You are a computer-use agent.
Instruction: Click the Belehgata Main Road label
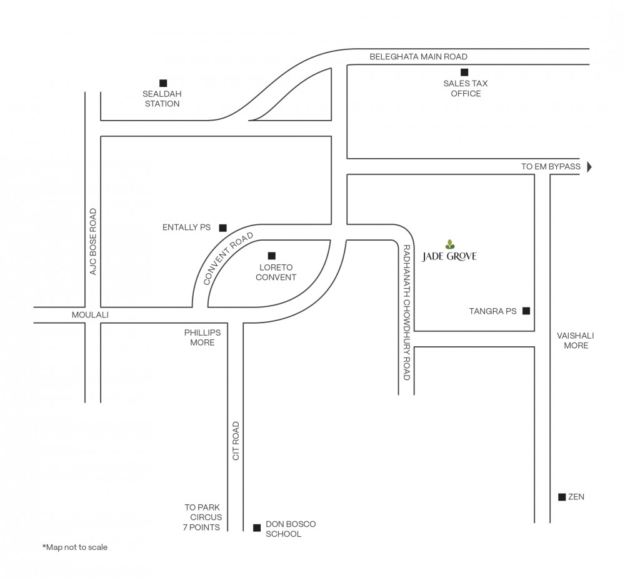pyautogui.click(x=419, y=57)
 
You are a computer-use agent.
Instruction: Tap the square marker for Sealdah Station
pyautogui.click(x=163, y=83)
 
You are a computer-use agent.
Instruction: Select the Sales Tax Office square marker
pyautogui.click(x=464, y=72)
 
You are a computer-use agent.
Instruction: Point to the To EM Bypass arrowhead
pyautogui.click(x=589, y=167)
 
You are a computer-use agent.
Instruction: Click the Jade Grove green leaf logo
pyautogui.click(x=450, y=244)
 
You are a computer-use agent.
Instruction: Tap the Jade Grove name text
pyautogui.click(x=449, y=256)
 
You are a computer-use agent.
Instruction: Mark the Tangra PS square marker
pyautogui.click(x=526, y=311)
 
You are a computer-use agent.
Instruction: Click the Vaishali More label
pyautogui.click(x=576, y=341)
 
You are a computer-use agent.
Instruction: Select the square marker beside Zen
pyautogui.click(x=562, y=497)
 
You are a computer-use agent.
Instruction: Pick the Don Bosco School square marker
pyautogui.click(x=257, y=527)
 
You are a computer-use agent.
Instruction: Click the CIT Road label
pyautogui.click(x=236, y=441)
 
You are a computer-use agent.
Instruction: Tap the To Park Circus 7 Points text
pyautogui.click(x=202, y=517)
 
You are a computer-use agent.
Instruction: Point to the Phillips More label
pyautogui.click(x=202, y=337)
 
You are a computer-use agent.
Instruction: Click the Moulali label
pyautogui.click(x=90, y=315)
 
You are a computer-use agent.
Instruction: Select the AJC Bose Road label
pyautogui.click(x=93, y=242)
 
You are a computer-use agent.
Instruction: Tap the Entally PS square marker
pyautogui.click(x=223, y=227)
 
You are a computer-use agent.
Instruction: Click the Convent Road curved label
pyautogui.click(x=227, y=258)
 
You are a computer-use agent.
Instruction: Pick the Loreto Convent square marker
pyautogui.click(x=271, y=256)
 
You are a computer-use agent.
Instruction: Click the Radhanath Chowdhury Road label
pyautogui.click(x=407, y=312)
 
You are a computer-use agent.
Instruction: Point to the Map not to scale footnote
pyautogui.click(x=75, y=547)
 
